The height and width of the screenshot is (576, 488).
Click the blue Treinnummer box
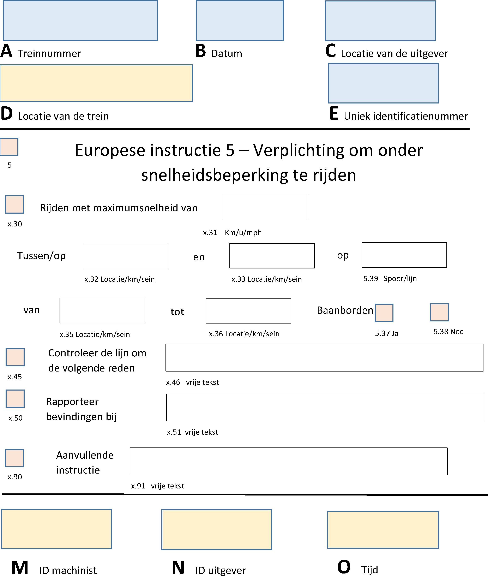(80, 20)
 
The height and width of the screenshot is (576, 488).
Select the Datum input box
(240, 20)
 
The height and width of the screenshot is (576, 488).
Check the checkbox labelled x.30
(14, 204)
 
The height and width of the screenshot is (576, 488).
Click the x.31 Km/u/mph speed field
(265, 207)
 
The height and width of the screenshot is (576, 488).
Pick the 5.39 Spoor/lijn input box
(404, 255)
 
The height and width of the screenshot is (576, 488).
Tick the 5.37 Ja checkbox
(384, 313)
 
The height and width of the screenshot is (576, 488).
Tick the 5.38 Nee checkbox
(439, 312)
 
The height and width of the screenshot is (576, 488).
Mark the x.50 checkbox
(15, 399)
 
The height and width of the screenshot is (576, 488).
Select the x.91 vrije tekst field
(289, 461)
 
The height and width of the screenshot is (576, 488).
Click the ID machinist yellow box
(56, 529)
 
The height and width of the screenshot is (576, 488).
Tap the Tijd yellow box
(383, 530)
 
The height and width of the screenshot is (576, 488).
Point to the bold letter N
(178, 568)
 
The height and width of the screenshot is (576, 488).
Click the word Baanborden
(345, 310)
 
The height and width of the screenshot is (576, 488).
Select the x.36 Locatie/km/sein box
(248, 311)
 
